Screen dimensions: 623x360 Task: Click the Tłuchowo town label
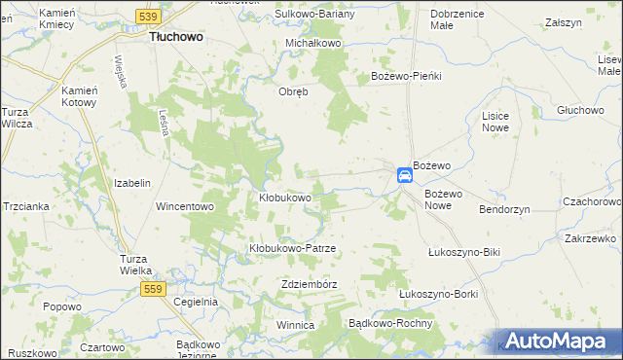[175, 36]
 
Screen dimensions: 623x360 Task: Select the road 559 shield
[152, 289]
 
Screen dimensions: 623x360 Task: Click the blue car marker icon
[404, 175]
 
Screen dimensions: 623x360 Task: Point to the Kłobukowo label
[284, 198]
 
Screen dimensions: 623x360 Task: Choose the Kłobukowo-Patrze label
[292, 248]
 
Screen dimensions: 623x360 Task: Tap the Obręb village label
[294, 92]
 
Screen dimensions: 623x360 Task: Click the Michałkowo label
[312, 44]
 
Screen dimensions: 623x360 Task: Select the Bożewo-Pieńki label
[407, 75]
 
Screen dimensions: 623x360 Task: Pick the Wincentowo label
[184, 206]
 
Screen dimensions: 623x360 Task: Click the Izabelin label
[132, 183]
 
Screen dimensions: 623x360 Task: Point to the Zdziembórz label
[308, 284]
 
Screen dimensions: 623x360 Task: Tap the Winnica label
[296, 325]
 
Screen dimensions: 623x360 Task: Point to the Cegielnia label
[195, 302]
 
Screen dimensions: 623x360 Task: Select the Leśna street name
[165, 122]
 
